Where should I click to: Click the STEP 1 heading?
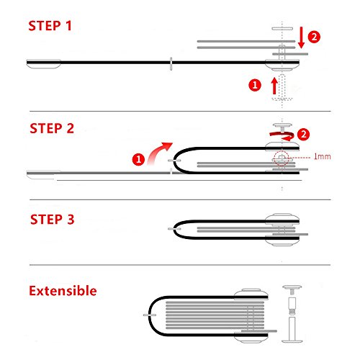point(50,26)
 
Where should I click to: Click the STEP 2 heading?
point(52,128)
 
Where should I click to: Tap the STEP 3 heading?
point(53,220)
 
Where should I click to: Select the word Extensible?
point(63,291)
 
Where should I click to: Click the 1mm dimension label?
point(323,157)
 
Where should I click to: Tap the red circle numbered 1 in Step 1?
point(255,85)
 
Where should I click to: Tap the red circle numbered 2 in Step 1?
point(314,37)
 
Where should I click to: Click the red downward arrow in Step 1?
point(301,37)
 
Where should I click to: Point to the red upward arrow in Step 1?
point(274,86)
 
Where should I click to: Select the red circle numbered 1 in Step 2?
point(138,159)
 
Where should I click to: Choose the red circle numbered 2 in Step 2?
point(303,134)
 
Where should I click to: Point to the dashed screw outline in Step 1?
point(282,88)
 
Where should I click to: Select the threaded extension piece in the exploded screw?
point(292,306)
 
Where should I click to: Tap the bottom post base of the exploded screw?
point(292,330)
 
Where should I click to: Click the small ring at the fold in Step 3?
point(174,229)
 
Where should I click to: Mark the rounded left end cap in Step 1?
point(43,64)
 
